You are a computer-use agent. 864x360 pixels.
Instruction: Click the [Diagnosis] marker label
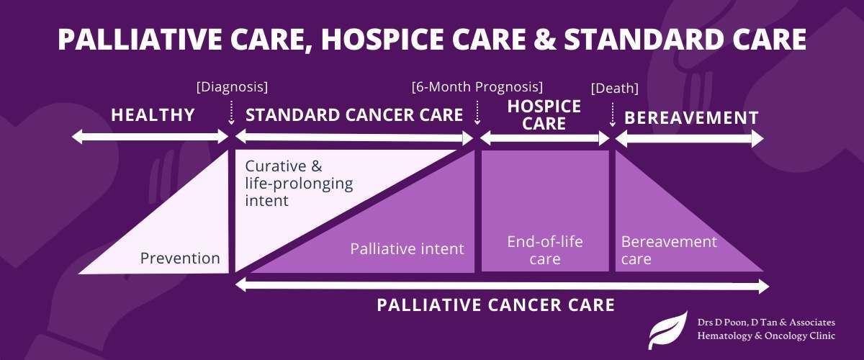[x=232, y=87]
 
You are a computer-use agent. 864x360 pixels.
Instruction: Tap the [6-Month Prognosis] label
[x=477, y=87]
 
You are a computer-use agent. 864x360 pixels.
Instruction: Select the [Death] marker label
[x=614, y=89]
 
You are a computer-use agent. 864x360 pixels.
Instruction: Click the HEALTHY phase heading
[x=153, y=115]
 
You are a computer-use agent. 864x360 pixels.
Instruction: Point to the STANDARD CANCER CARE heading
[x=354, y=115]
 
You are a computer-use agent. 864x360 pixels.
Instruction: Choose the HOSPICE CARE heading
[x=544, y=115]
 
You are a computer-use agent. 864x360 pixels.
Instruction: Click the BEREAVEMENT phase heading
[x=691, y=117]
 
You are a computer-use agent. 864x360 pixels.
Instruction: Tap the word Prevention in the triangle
[x=180, y=258]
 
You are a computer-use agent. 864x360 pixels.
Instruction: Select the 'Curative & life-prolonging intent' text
[x=299, y=183]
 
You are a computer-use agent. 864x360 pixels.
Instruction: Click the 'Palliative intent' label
[x=407, y=249]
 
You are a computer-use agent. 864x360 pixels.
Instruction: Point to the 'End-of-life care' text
[x=544, y=250]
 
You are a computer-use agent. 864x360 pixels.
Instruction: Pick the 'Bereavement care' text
[x=669, y=250]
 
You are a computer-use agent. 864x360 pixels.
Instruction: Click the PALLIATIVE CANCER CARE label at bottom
[x=495, y=305]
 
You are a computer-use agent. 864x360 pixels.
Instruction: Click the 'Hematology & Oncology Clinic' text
[x=767, y=336]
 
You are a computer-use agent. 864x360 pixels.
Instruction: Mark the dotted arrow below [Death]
[x=612, y=113]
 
